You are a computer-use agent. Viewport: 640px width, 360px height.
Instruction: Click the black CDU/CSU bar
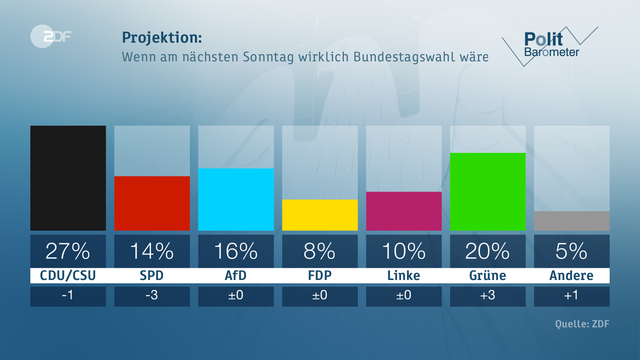click(68, 178)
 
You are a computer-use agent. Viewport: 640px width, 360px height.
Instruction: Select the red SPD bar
click(152, 203)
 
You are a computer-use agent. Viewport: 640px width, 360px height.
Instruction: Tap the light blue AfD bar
click(236, 199)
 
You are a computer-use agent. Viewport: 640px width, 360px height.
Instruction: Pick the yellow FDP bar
click(319, 215)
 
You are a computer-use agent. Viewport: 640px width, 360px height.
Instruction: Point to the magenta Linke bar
click(404, 211)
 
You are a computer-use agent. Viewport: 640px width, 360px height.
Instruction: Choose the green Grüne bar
click(487, 191)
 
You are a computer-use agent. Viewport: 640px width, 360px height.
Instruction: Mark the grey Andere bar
click(571, 221)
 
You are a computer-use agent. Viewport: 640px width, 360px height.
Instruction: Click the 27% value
click(68, 251)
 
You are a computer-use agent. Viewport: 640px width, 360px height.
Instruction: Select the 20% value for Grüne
click(487, 251)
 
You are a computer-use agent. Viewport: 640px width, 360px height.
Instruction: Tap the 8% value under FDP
click(319, 251)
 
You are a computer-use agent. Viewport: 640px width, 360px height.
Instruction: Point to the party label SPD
click(152, 276)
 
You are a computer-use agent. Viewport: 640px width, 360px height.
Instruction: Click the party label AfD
click(236, 276)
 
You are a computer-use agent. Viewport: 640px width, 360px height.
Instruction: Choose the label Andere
click(571, 276)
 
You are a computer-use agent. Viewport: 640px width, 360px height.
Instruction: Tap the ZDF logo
click(51, 37)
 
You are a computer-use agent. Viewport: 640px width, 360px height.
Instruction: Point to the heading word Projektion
click(162, 37)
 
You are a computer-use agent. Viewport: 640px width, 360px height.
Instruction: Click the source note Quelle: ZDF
click(582, 324)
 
